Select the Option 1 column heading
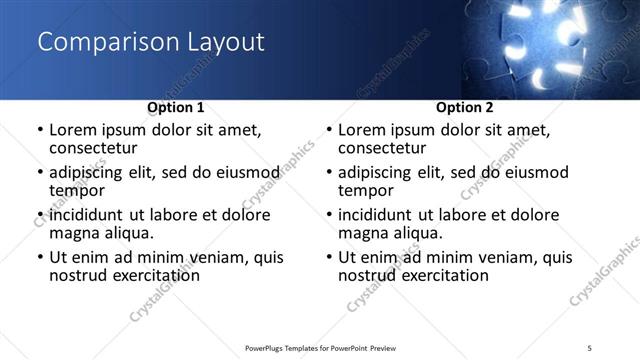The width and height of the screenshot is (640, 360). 175,107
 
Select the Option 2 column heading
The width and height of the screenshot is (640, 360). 464,107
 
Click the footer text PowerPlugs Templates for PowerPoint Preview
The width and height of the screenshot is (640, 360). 320,347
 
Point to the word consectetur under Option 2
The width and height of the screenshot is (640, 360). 382,149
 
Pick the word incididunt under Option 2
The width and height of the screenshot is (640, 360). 378,215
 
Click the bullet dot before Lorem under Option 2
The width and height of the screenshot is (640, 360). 328,131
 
